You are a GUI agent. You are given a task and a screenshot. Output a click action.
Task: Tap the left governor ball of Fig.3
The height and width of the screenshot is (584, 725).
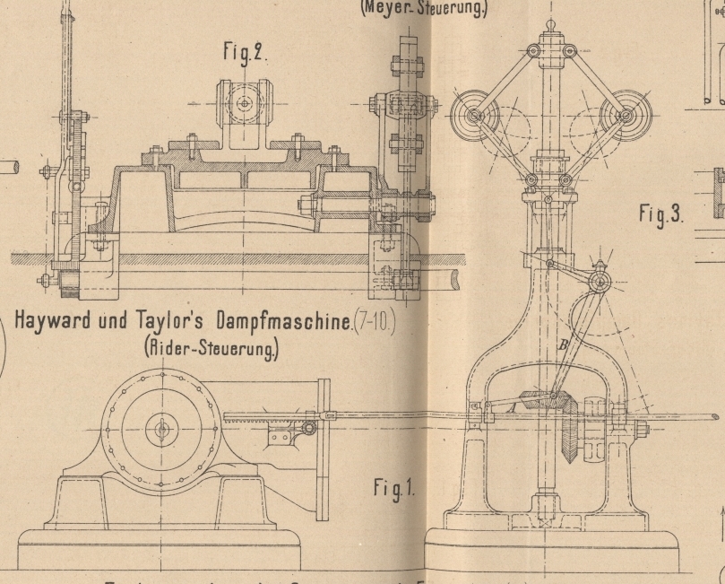[x=469, y=117]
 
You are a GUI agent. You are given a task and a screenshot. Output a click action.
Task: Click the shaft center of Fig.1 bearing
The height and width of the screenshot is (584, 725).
[x=162, y=430]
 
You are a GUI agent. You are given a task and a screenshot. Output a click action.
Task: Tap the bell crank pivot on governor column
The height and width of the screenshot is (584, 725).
[x=600, y=282]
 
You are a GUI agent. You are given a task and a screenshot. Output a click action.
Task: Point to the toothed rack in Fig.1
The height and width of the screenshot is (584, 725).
[x=260, y=419]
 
